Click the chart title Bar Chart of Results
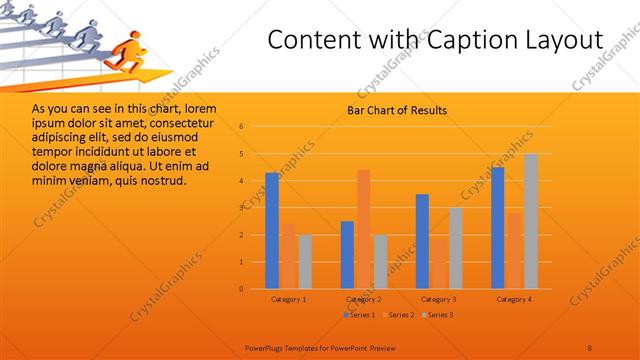click(397, 110)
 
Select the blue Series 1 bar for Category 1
click(272, 230)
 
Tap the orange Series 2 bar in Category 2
click(363, 229)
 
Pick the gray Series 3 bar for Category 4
click(531, 221)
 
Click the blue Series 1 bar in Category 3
click(422, 241)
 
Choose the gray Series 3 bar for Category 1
click(305, 261)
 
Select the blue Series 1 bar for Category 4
click(498, 228)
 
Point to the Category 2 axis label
click(363, 299)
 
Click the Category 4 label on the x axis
click(513, 299)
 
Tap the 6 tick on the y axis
click(242, 127)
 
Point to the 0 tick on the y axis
click(242, 289)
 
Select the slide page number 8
click(590, 347)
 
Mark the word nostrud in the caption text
click(160, 180)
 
